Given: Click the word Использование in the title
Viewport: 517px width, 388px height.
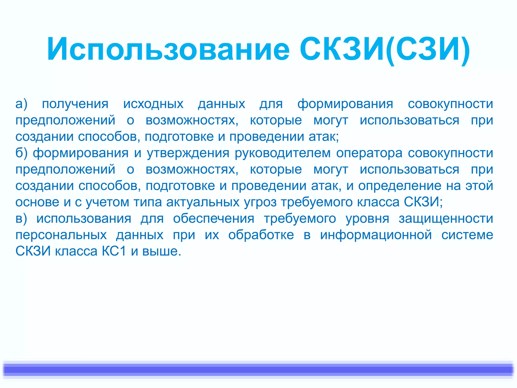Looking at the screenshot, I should pyautogui.click(x=168, y=49).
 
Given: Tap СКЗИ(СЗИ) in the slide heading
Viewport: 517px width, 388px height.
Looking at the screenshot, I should pyautogui.click(x=385, y=49).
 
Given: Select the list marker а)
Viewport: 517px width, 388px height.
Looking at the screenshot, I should pyautogui.click(x=21, y=104).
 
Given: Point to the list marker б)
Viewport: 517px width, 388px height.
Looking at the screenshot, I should pyautogui.click(x=21, y=153).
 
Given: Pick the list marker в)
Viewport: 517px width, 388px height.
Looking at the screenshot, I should pyautogui.click(x=21, y=219).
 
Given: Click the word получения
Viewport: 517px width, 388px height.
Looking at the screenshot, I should pyautogui.click(x=75, y=104).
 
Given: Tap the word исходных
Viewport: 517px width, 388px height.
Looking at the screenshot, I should pyautogui.click(x=153, y=104).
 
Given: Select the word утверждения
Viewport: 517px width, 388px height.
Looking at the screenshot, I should pyautogui.click(x=188, y=153).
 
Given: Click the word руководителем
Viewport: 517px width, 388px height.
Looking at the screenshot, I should pyautogui.click(x=283, y=153).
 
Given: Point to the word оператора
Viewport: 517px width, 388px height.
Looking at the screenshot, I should pyautogui.click(x=369, y=153).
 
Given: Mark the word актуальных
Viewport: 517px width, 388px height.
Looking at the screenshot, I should pyautogui.click(x=203, y=202).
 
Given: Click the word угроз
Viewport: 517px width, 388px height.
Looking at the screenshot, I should pyautogui.click(x=260, y=202).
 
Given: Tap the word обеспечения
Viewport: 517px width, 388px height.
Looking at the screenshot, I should pyautogui.click(x=214, y=219).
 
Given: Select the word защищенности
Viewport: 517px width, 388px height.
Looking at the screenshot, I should pyautogui.click(x=446, y=219).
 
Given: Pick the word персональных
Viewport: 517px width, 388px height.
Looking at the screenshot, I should pyautogui.click(x=61, y=235).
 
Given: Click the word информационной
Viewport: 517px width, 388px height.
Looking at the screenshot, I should pyautogui.click(x=376, y=235).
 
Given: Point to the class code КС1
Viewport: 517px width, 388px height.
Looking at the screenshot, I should pyautogui.click(x=114, y=251).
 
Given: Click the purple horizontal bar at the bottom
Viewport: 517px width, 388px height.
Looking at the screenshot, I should pyautogui.click(x=258, y=370).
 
